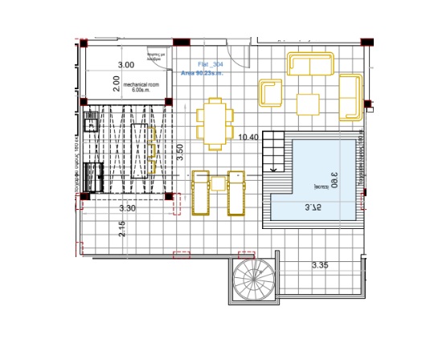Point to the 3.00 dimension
(x=126, y=64)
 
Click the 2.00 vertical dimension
(x=116, y=82)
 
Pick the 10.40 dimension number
(x=248, y=137)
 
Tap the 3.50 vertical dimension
(x=181, y=149)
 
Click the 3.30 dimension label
(x=127, y=209)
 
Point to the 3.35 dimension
(x=322, y=264)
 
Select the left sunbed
(x=201, y=193)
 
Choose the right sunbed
(x=236, y=193)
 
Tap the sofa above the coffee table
(x=310, y=64)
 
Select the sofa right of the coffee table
(x=350, y=97)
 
